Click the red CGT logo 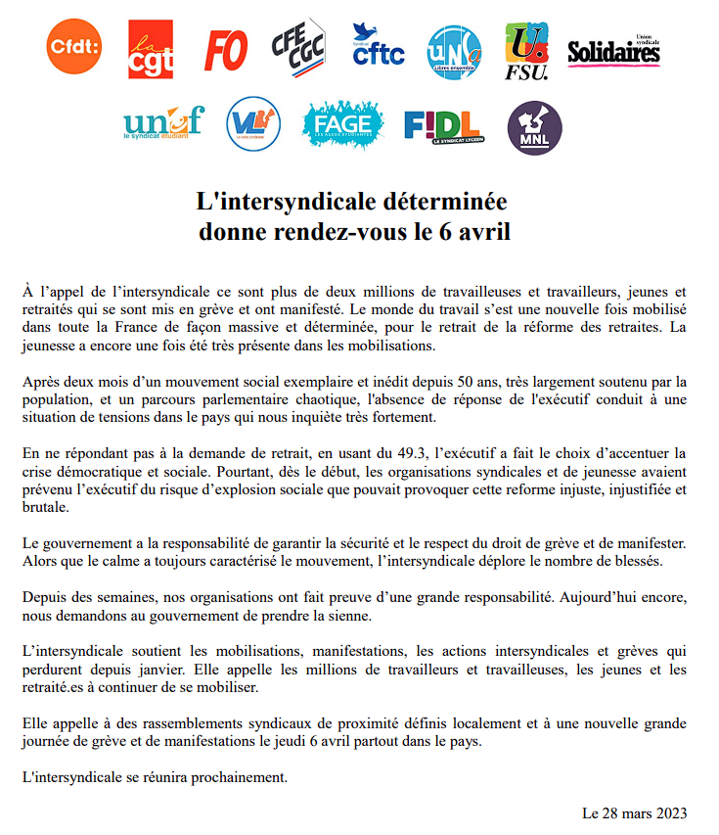click(x=151, y=49)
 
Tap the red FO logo click(x=226, y=49)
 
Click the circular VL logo click(x=253, y=124)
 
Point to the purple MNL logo click(x=535, y=127)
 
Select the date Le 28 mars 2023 click(x=634, y=813)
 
